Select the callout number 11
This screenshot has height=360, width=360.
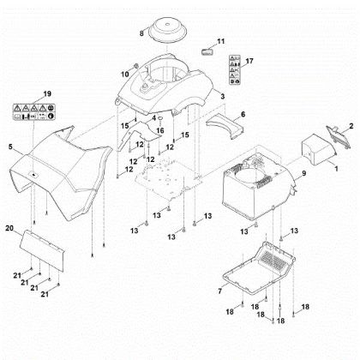click(220, 40)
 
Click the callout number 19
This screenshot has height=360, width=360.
click(47, 92)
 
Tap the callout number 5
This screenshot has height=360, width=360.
click(11, 147)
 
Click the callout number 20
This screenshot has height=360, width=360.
click(9, 229)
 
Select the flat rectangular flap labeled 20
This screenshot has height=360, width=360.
click(44, 245)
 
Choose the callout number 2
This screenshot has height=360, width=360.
click(350, 126)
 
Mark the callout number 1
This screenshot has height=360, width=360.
click(337, 171)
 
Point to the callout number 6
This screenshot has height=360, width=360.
click(243, 113)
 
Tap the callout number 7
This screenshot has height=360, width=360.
click(220, 292)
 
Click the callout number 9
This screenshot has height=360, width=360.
click(302, 175)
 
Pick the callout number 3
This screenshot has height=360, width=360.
click(222, 96)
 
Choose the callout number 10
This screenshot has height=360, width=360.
click(123, 75)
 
